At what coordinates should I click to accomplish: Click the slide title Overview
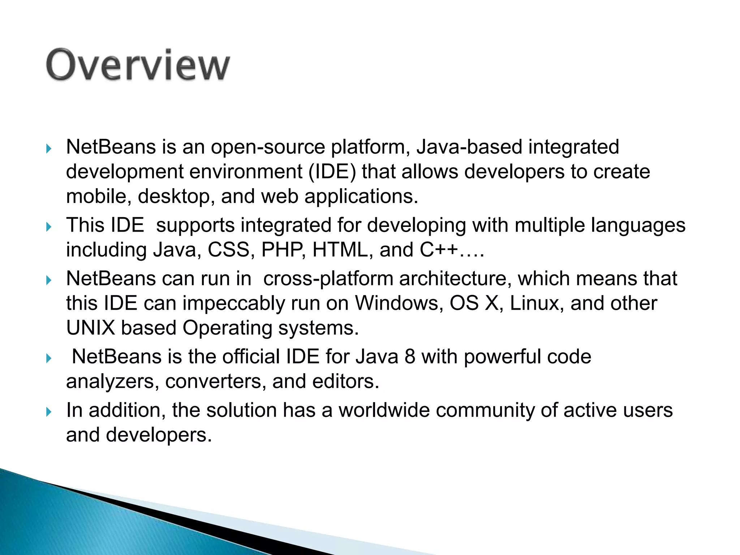click(x=137, y=65)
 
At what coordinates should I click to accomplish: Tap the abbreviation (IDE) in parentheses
click(x=332, y=172)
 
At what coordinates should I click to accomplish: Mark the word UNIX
click(x=90, y=328)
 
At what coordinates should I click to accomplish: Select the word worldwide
click(x=384, y=410)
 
